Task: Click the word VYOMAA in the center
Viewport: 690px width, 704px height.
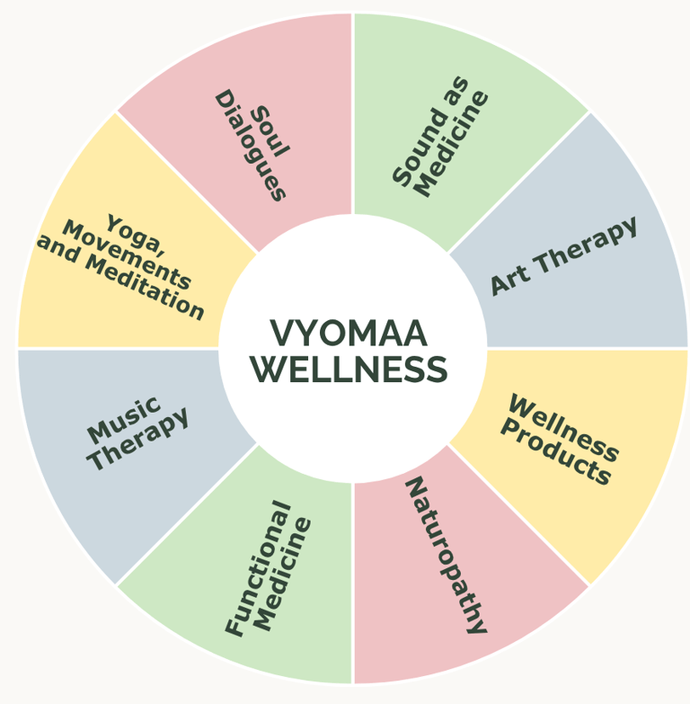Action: point(349,334)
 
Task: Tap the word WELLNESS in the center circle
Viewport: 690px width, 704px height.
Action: point(349,369)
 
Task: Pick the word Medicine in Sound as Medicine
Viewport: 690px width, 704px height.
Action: point(454,144)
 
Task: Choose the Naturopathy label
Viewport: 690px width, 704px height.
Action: point(446,556)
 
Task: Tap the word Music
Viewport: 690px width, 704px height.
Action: point(123,418)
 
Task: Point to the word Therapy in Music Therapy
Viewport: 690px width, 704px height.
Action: point(139,439)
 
